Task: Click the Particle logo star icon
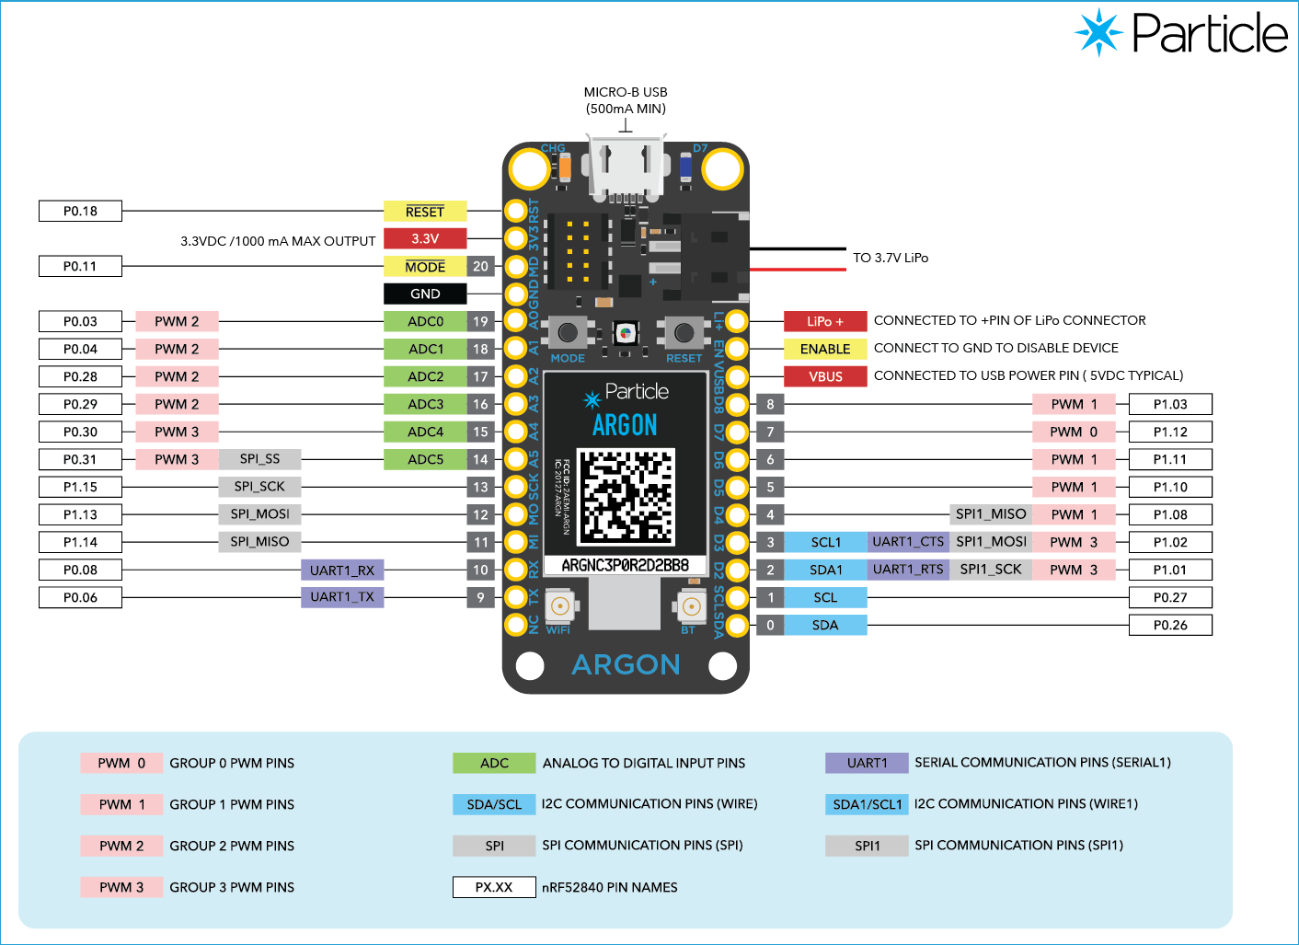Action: click(x=1098, y=32)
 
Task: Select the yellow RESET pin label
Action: click(x=425, y=212)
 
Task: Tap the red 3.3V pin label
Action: click(x=425, y=239)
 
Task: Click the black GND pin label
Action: click(x=425, y=294)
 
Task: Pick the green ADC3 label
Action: click(x=425, y=405)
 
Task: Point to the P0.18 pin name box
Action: click(x=80, y=212)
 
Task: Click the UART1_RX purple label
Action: click(x=342, y=570)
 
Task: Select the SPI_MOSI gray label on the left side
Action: click(x=259, y=514)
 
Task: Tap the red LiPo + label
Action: click(x=825, y=322)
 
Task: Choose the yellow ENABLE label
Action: click(x=825, y=350)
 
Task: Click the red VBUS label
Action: click(x=825, y=376)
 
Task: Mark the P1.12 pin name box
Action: click(x=1170, y=432)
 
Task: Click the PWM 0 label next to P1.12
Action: click(x=1074, y=432)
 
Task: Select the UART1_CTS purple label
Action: click(x=908, y=542)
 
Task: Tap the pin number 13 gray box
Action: click(x=480, y=488)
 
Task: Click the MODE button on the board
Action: click(x=568, y=332)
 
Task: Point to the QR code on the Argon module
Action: click(x=626, y=497)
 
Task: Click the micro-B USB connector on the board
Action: click(x=626, y=167)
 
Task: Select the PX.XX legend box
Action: click(x=494, y=887)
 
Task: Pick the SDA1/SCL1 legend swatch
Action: click(x=867, y=804)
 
